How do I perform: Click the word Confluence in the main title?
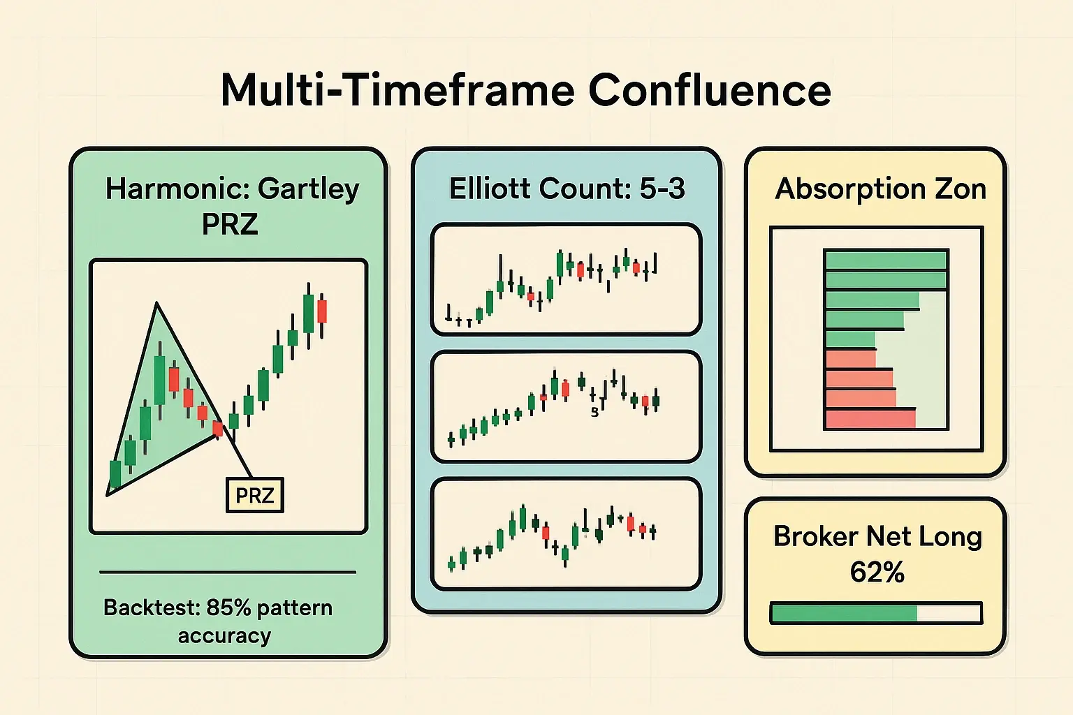click(x=709, y=90)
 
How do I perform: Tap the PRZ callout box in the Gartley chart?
click(x=255, y=495)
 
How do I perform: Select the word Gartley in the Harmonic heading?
click(x=308, y=189)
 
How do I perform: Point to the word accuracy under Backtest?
click(x=224, y=636)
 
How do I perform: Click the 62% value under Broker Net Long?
click(x=877, y=573)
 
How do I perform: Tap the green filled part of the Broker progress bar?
click(x=843, y=614)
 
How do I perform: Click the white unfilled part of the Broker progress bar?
click(x=948, y=614)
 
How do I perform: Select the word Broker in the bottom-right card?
click(x=815, y=536)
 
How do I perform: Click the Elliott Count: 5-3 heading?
click(x=567, y=189)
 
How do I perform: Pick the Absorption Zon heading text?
click(x=880, y=189)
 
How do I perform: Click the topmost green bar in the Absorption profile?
click(x=885, y=260)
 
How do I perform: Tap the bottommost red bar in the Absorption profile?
click(x=870, y=419)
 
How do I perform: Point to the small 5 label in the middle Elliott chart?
click(x=594, y=412)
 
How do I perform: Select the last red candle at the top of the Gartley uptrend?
click(x=322, y=311)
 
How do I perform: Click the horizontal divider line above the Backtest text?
click(x=228, y=572)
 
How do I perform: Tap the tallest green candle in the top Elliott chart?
click(x=560, y=264)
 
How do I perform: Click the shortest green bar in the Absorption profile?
click(x=850, y=340)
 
